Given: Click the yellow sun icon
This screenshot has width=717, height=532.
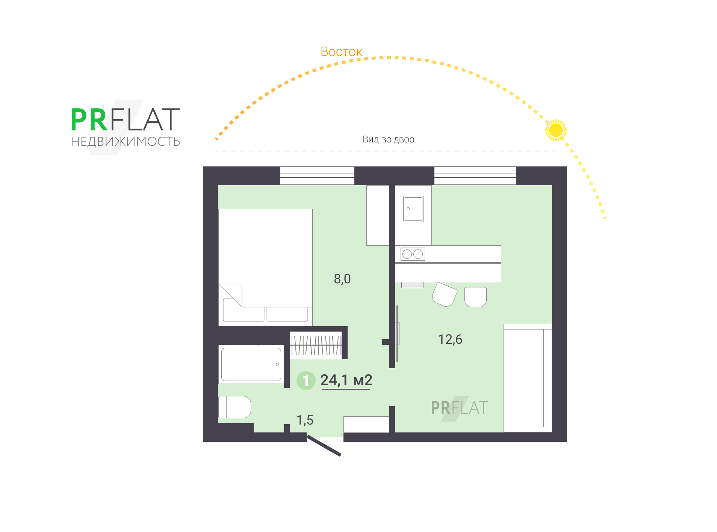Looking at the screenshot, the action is point(555,130).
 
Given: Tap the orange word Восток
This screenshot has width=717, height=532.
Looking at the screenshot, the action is point(341,52).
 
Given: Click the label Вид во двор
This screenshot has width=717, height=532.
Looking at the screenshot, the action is point(388,139).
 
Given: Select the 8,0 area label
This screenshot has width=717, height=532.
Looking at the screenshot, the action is point(342,279).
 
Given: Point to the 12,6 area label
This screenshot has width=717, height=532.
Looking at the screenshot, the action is point(450,339).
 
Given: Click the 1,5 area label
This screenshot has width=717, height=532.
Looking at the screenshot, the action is point(305,420).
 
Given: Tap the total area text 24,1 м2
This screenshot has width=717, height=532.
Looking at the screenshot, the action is point(346,380).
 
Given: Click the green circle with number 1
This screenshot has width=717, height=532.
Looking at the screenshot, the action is point(306,381).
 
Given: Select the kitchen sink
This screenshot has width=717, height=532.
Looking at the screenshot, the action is point(413,209).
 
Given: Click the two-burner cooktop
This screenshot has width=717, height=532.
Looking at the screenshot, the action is point(413,254).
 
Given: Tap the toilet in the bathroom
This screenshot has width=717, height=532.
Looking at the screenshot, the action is point(234,407).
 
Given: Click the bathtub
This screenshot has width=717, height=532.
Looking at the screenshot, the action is point(251,364).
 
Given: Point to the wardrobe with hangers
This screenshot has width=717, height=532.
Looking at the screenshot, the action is point(316,345).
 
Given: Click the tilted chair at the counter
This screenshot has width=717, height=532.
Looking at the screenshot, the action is point(445,295).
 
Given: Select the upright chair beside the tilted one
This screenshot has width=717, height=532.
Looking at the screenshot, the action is point(475,297).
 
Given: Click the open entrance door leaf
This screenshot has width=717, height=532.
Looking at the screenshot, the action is point(324,446).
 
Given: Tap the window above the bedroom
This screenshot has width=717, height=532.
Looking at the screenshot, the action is point(317,175).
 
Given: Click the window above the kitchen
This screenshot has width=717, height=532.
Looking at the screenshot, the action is point(475,175).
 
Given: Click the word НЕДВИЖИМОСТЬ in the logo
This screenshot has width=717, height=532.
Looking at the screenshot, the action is point(126,142).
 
